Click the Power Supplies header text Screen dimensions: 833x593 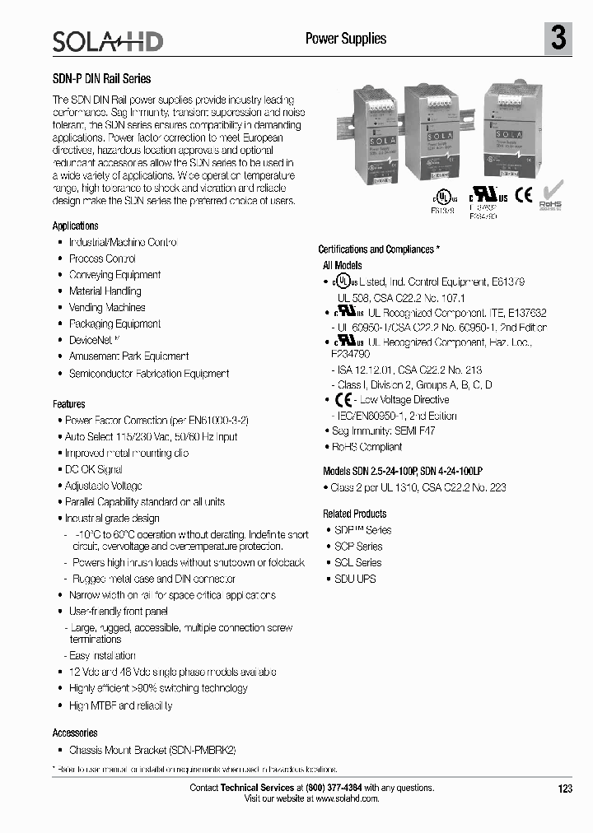coord(346,39)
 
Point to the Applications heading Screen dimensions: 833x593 coord(75,226)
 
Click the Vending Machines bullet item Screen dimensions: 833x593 coord(107,307)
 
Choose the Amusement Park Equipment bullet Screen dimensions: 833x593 coord(128,356)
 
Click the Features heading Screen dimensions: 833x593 coord(68,404)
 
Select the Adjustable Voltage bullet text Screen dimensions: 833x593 coord(104,486)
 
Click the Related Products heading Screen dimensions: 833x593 coord(354,514)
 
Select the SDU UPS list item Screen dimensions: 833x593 coord(355,579)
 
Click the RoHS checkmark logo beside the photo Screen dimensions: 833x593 coord(551,196)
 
